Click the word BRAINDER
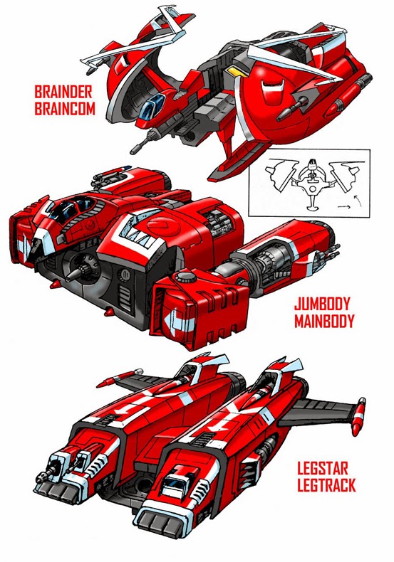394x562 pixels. [x=63, y=92]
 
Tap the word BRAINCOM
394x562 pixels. [x=65, y=109]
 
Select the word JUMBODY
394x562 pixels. [x=321, y=304]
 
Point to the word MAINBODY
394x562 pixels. [x=324, y=321]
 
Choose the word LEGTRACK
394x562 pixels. [x=326, y=485]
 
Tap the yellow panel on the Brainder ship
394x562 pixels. [x=235, y=72]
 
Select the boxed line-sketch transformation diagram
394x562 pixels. [x=309, y=183]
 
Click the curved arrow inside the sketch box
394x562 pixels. [x=358, y=200]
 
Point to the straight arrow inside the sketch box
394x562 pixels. [x=343, y=207]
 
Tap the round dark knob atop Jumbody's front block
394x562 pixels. [x=184, y=277]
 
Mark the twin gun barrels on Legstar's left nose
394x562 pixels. [x=65, y=465]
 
